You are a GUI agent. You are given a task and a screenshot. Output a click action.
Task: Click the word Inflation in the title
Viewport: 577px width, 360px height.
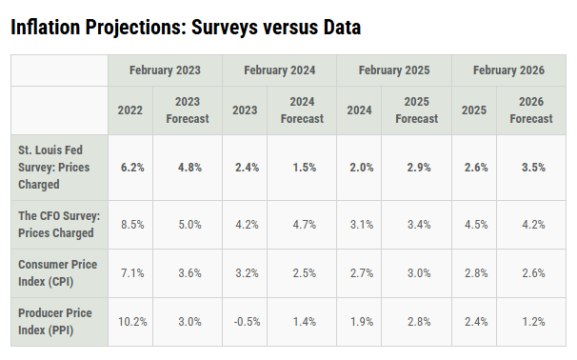[x=46, y=28]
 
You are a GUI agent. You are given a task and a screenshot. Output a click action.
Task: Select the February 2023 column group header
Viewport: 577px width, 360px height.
[x=165, y=70]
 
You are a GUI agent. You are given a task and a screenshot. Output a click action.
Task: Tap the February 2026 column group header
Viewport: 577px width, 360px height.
[x=508, y=70]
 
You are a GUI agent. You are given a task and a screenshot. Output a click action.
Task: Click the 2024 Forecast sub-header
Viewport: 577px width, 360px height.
[x=302, y=110]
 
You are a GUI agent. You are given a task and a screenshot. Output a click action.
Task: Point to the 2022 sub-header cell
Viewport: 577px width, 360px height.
[x=129, y=110]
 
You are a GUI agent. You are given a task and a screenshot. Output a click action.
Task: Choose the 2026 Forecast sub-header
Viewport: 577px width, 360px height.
[x=531, y=110]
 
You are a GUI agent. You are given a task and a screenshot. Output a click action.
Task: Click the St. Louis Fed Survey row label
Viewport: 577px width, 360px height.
[x=53, y=167]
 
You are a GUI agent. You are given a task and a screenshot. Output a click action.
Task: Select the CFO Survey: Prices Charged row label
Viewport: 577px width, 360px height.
[x=59, y=224]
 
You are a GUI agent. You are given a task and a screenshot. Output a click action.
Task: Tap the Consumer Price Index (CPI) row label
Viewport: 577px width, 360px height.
[x=57, y=272]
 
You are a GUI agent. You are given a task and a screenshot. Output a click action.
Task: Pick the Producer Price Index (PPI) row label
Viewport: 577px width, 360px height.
[x=55, y=321]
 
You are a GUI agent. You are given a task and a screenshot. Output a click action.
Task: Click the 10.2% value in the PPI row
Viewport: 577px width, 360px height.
[x=132, y=322]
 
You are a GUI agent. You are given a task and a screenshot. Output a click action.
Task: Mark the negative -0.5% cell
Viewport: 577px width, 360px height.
[x=247, y=322]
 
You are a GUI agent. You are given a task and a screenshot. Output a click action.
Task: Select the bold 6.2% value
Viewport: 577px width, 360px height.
[x=132, y=168]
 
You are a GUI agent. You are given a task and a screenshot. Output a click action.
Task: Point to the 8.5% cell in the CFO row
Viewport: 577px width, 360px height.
[x=132, y=225]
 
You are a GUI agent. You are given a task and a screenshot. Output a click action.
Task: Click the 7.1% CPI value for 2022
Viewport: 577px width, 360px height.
[x=132, y=273]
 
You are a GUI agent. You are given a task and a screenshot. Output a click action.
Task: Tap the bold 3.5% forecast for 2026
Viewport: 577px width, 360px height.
[x=533, y=168]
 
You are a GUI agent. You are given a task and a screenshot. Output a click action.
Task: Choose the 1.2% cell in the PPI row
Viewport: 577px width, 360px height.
[x=533, y=322]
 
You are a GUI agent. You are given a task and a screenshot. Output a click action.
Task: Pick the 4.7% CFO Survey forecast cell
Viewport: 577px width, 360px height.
[x=305, y=225]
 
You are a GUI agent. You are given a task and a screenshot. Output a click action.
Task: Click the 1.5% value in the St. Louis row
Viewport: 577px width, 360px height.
[x=305, y=168]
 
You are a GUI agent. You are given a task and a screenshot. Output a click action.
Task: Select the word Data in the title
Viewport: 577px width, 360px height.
[x=342, y=28]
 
